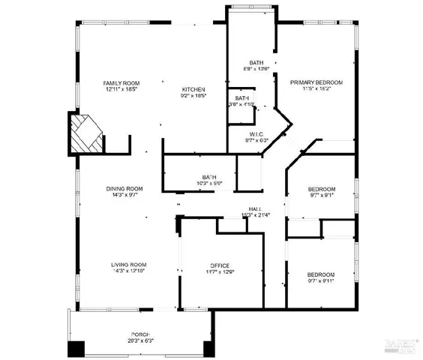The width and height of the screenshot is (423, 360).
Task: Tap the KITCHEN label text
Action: pyautogui.click(x=193, y=89)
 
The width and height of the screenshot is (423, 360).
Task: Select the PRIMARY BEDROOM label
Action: pyautogui.click(x=316, y=82)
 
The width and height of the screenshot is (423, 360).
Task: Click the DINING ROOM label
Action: pyautogui.click(x=123, y=188)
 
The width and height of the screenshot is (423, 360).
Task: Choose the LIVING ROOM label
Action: pyautogui.click(x=128, y=265)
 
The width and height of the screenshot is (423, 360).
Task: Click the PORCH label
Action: pyautogui.click(x=140, y=334)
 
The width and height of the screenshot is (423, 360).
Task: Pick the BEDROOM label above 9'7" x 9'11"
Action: pyautogui.click(x=321, y=275)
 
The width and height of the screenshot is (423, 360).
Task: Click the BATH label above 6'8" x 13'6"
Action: pyautogui.click(x=257, y=63)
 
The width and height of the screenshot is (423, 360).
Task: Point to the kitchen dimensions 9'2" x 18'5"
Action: pyautogui.click(x=193, y=96)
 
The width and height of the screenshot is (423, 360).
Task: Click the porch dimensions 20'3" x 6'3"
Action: pyautogui.click(x=140, y=340)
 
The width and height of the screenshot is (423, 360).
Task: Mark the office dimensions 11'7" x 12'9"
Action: pyautogui.click(x=219, y=272)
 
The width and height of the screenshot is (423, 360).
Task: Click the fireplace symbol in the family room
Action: pyautogui.click(x=84, y=133)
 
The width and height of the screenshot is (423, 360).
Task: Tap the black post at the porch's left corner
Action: pyautogui.click(x=76, y=349)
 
